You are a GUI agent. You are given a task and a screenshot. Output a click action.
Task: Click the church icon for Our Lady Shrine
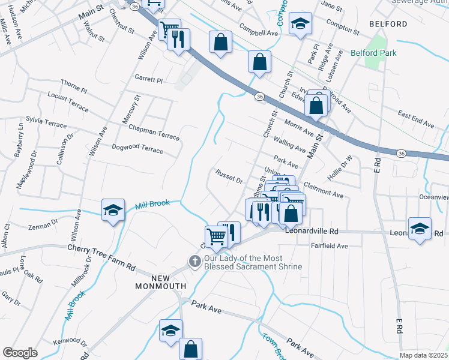[194, 262]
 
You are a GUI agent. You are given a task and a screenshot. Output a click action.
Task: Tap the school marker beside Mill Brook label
[113, 210]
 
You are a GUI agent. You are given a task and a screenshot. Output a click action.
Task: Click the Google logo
[20, 353]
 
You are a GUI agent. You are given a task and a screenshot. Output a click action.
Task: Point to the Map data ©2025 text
[424, 355]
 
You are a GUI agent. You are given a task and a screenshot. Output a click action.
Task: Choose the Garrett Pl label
[148, 79]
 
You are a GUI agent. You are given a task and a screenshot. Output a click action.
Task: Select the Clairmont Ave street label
[324, 191]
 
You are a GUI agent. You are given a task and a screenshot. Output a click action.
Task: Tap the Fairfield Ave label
[329, 246]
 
